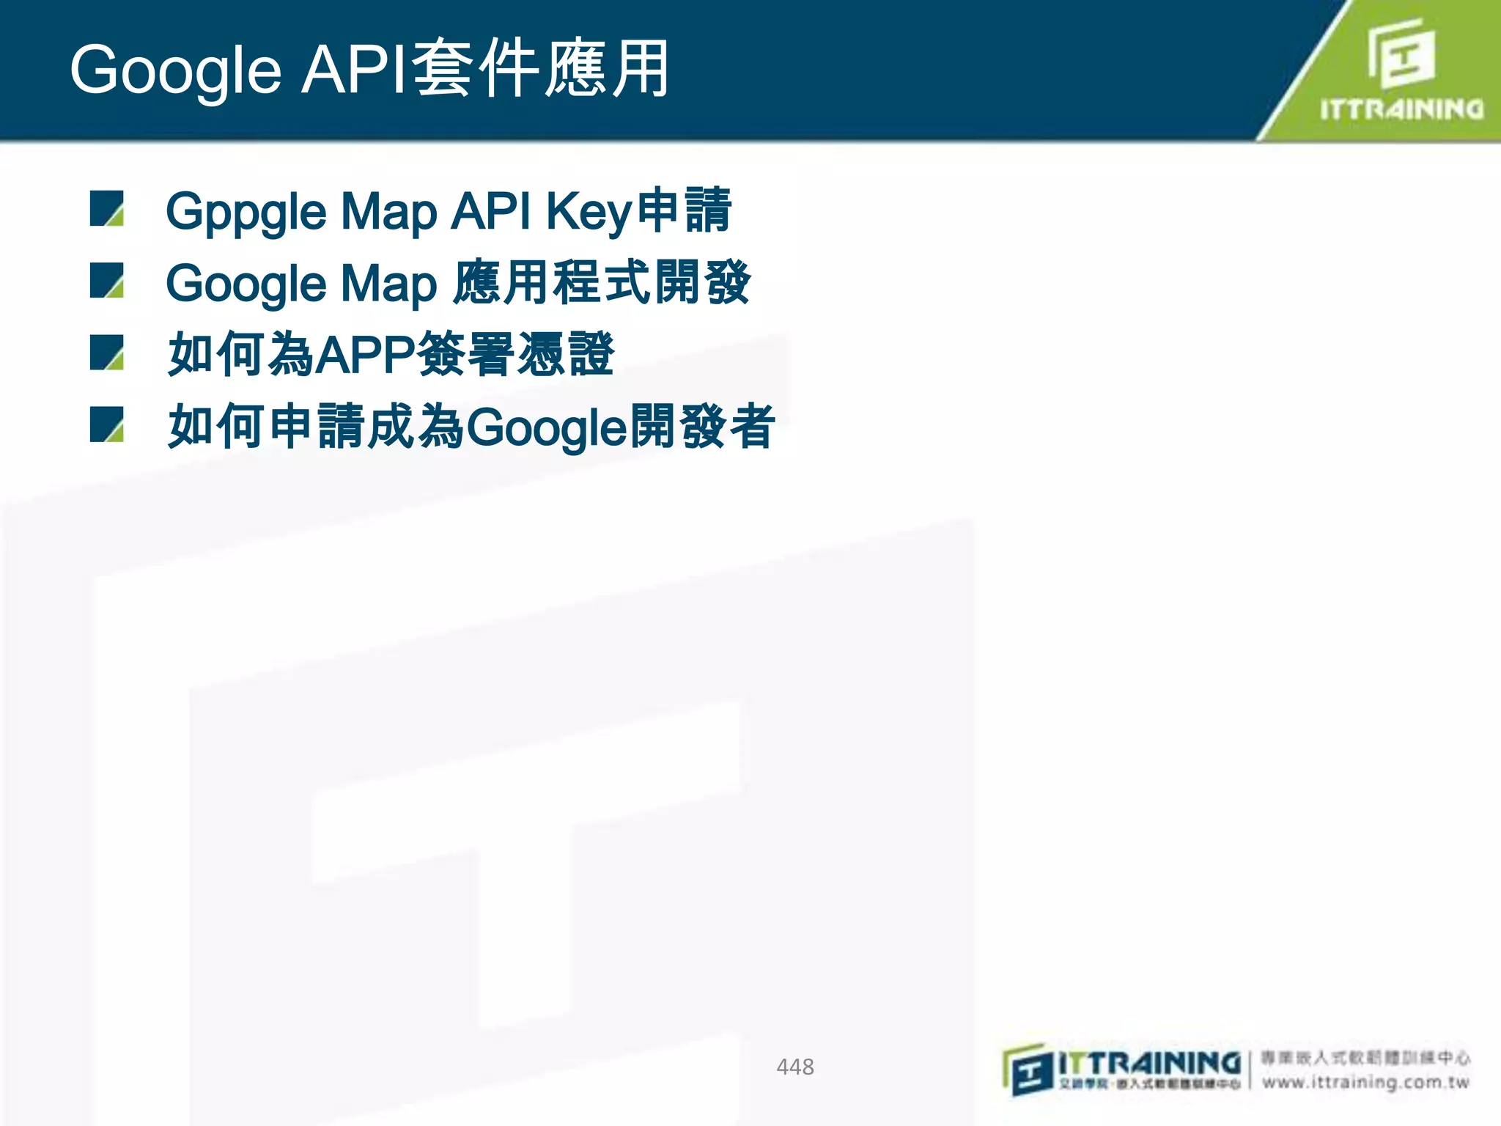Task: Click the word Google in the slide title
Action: pos(176,70)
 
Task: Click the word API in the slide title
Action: pos(354,70)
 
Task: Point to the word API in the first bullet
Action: pos(490,211)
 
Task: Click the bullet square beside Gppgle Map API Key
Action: pos(107,208)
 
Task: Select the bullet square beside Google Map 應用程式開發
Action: pos(107,280)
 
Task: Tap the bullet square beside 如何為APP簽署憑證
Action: pos(107,352)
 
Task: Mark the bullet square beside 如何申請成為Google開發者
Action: pos(107,424)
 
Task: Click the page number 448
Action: pos(794,1067)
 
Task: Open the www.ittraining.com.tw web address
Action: pos(1365,1082)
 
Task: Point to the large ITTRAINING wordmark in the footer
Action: pos(1149,1062)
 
